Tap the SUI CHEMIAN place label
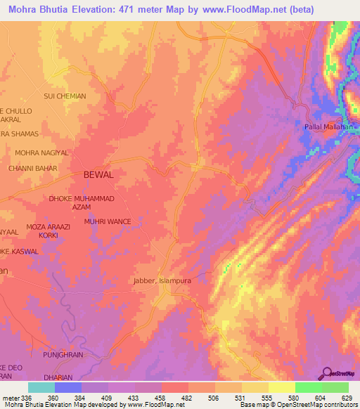65,96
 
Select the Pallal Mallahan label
330,126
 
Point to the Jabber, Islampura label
162,280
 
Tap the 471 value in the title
139,9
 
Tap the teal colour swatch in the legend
41,387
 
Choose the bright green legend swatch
308,387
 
